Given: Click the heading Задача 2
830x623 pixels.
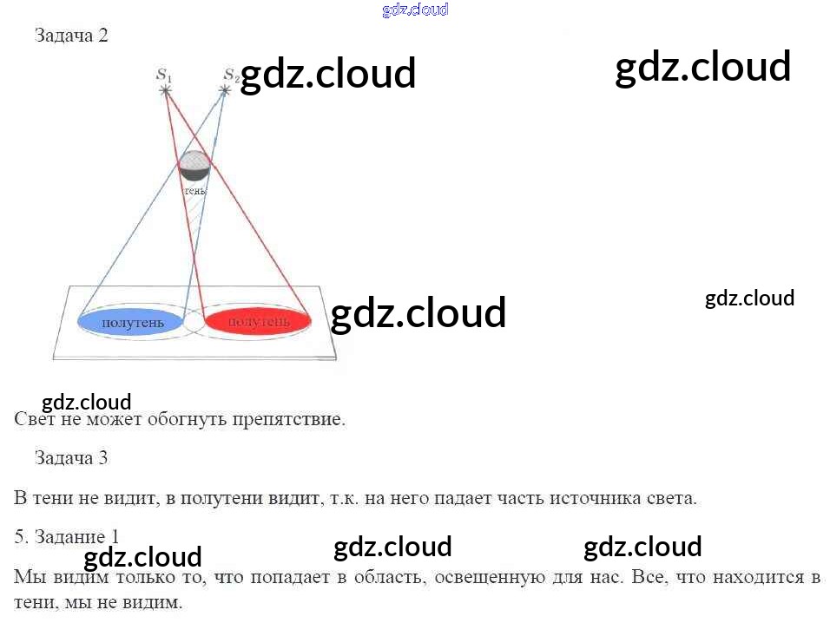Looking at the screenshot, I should (71, 36).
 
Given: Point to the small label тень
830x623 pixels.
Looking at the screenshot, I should (194, 189).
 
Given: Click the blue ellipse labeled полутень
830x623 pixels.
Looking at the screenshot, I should (132, 322).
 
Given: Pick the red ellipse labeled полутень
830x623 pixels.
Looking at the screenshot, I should (259, 322).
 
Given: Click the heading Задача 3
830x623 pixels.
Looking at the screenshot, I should (71, 457).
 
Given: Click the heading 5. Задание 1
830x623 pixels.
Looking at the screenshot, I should (67, 536).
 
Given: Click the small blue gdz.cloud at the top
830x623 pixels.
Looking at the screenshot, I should (415, 10).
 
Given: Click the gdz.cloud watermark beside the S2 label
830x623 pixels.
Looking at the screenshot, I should (328, 75).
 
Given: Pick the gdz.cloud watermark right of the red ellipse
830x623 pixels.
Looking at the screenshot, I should (418, 313).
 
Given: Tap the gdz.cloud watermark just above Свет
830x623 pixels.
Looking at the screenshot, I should (87, 403).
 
